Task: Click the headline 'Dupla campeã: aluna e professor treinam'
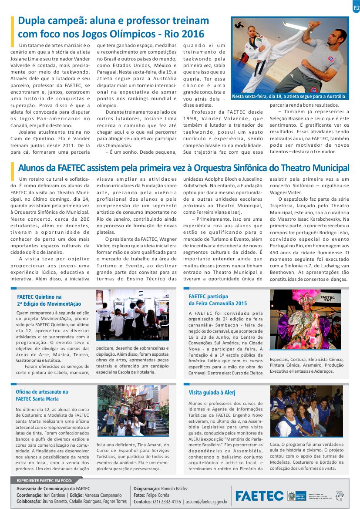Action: tap(113, 21)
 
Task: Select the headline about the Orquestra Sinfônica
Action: tap(183, 168)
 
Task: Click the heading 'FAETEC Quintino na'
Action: tap(39, 297)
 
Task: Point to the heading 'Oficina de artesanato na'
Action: tap(42, 392)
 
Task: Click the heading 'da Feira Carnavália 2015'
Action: tap(218, 303)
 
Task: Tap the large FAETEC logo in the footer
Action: tap(259, 496)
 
